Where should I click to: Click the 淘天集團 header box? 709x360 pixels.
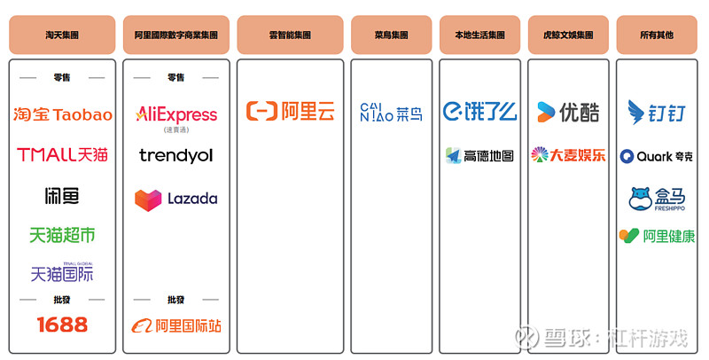click(62, 35)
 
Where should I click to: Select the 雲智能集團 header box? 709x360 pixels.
click(290, 35)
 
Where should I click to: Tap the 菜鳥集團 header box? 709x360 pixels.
click(391, 35)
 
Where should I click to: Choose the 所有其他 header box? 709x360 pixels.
click(657, 35)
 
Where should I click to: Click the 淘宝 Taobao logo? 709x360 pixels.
click(62, 114)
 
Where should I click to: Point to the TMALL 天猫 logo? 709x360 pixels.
click(62, 154)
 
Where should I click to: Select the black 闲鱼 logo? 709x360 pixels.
click(62, 195)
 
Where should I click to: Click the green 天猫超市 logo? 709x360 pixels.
click(62, 235)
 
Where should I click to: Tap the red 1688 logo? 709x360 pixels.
click(62, 325)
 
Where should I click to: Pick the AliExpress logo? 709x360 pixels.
click(176, 117)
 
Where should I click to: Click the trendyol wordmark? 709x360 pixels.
click(175, 155)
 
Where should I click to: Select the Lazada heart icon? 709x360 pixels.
click(148, 200)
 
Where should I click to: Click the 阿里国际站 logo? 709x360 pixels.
click(176, 325)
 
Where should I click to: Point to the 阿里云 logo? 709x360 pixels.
click(291, 111)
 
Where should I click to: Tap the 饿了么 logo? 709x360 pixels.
click(479, 111)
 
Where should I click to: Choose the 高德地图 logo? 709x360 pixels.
click(479, 155)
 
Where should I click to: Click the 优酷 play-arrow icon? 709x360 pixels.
click(545, 112)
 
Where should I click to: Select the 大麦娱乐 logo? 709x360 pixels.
click(568, 154)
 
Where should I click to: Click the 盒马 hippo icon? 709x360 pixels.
click(640, 199)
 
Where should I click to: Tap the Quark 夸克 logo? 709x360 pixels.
click(657, 156)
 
